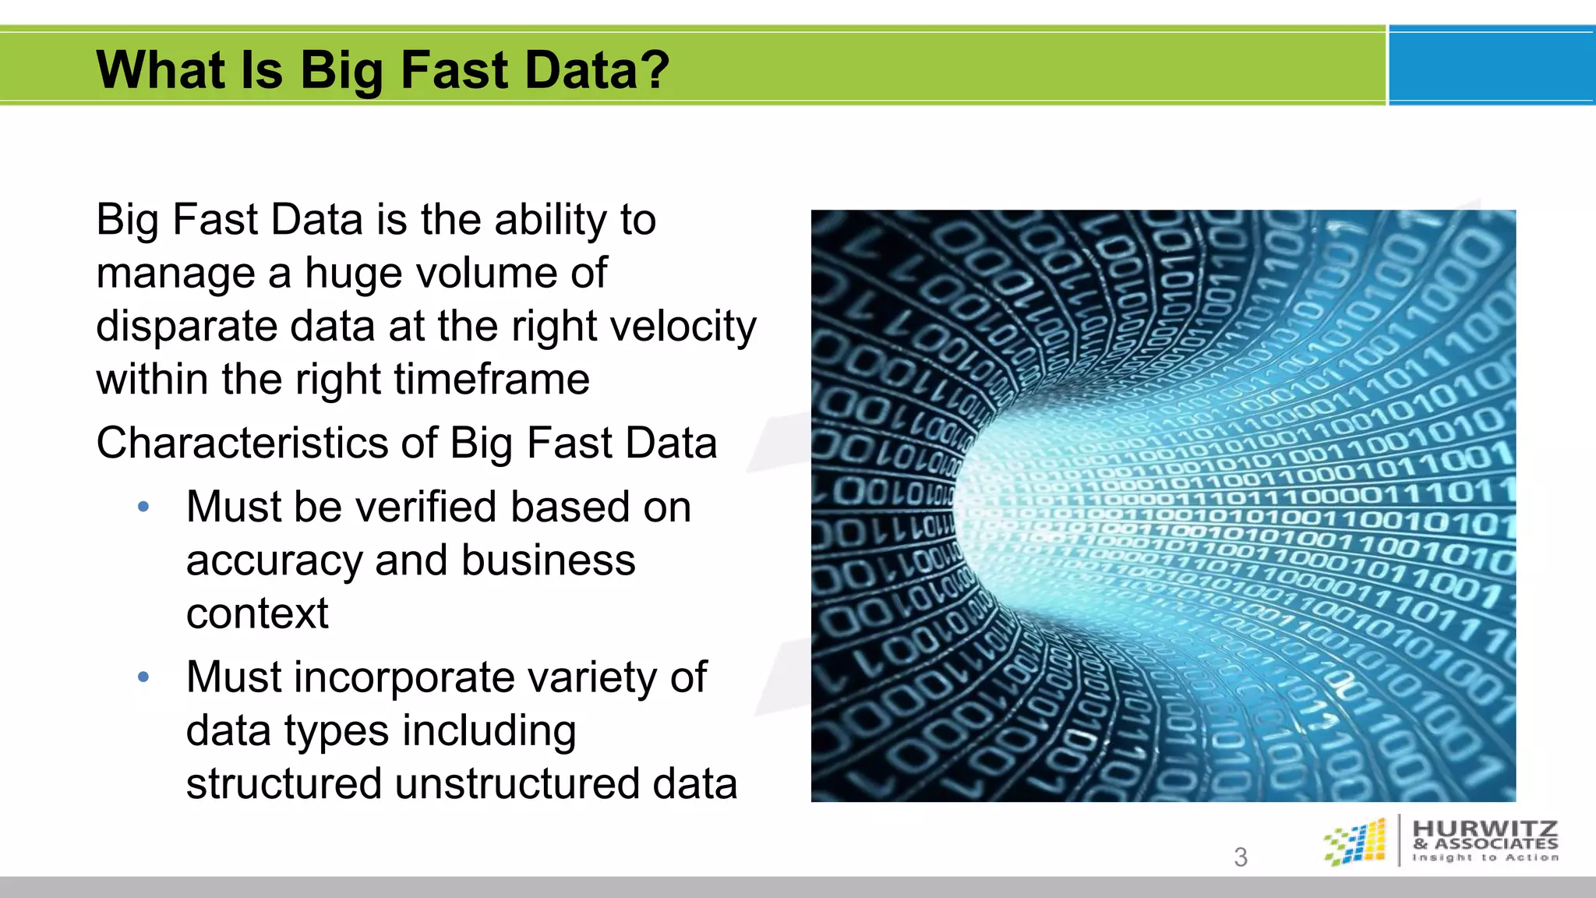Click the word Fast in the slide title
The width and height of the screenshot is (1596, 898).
(x=454, y=70)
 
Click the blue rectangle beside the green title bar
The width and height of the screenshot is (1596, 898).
(x=1491, y=65)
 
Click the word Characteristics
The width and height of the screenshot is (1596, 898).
(x=241, y=444)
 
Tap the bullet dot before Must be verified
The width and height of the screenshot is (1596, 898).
(x=143, y=507)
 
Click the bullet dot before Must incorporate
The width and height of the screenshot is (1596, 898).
(x=143, y=677)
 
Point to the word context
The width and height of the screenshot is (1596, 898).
(x=257, y=613)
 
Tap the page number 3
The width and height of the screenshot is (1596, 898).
(x=1241, y=857)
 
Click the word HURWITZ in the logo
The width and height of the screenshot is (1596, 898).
(x=1485, y=828)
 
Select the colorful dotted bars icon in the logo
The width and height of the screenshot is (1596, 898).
(x=1356, y=842)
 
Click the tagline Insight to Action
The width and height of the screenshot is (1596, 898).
(x=1485, y=857)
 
